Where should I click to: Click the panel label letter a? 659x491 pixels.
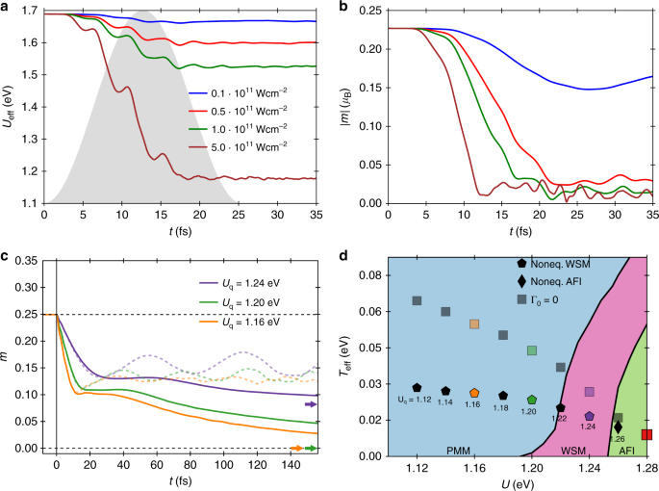point(7,8)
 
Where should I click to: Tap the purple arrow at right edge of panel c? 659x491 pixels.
point(310,405)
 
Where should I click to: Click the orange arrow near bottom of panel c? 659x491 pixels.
point(297,449)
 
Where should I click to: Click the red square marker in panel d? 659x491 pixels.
point(646,435)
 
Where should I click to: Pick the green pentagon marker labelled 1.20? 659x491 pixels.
point(531,400)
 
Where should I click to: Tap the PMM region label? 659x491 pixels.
point(429,450)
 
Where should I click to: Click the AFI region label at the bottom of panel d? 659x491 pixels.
point(626,450)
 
